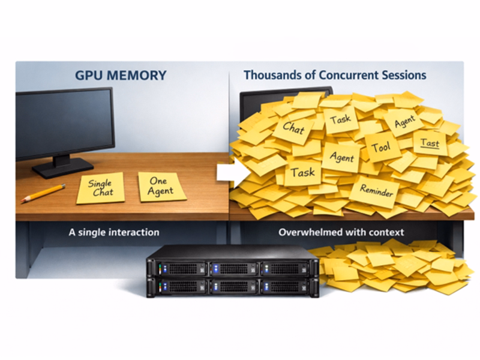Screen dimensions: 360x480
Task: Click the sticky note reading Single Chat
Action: point(100,187)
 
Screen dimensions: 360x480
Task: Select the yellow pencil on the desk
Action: point(43,193)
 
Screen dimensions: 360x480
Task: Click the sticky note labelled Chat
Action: point(293,128)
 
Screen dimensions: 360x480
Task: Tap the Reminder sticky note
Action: point(376,191)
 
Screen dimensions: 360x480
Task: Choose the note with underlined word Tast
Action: point(430,143)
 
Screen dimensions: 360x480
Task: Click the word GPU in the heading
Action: point(88,76)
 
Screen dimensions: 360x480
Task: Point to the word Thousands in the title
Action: point(269,76)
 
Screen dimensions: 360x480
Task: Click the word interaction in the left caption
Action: point(134,232)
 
